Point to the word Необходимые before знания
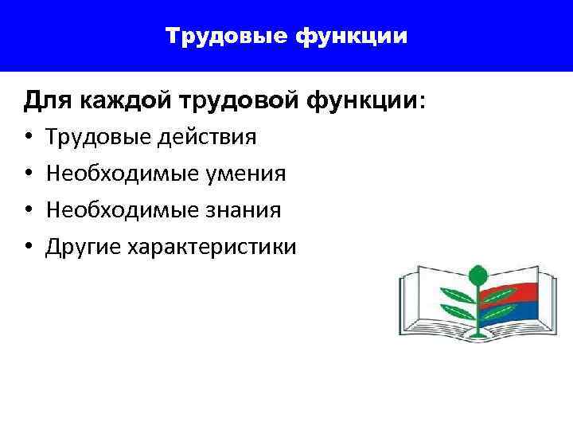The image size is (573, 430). pyautogui.click(x=119, y=210)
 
